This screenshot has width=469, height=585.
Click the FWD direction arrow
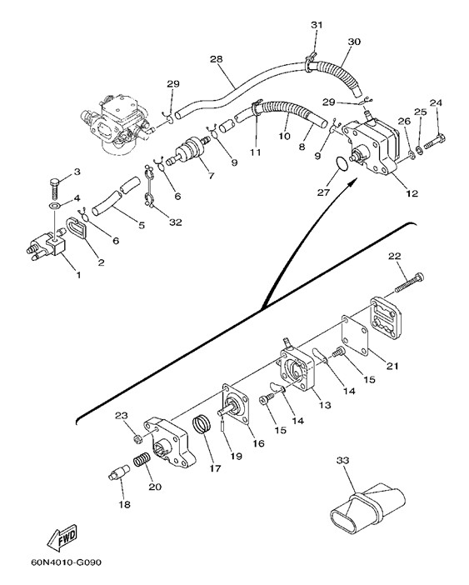(x=62, y=538)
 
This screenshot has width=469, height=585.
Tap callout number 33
(x=342, y=461)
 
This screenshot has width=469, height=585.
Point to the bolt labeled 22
(x=409, y=283)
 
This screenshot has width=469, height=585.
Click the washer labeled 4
(x=55, y=206)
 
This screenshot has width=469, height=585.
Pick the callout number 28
(x=217, y=59)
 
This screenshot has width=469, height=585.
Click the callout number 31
(x=317, y=25)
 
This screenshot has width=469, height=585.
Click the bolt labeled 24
(x=435, y=142)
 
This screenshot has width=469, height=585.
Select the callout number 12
(x=412, y=193)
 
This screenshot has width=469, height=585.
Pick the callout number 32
(x=176, y=222)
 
